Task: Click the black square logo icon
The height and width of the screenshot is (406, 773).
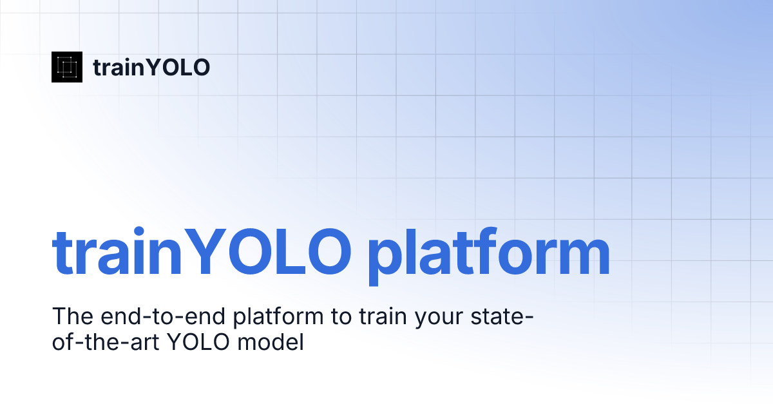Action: click(67, 66)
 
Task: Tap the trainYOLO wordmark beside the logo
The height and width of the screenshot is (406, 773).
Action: click(151, 67)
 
